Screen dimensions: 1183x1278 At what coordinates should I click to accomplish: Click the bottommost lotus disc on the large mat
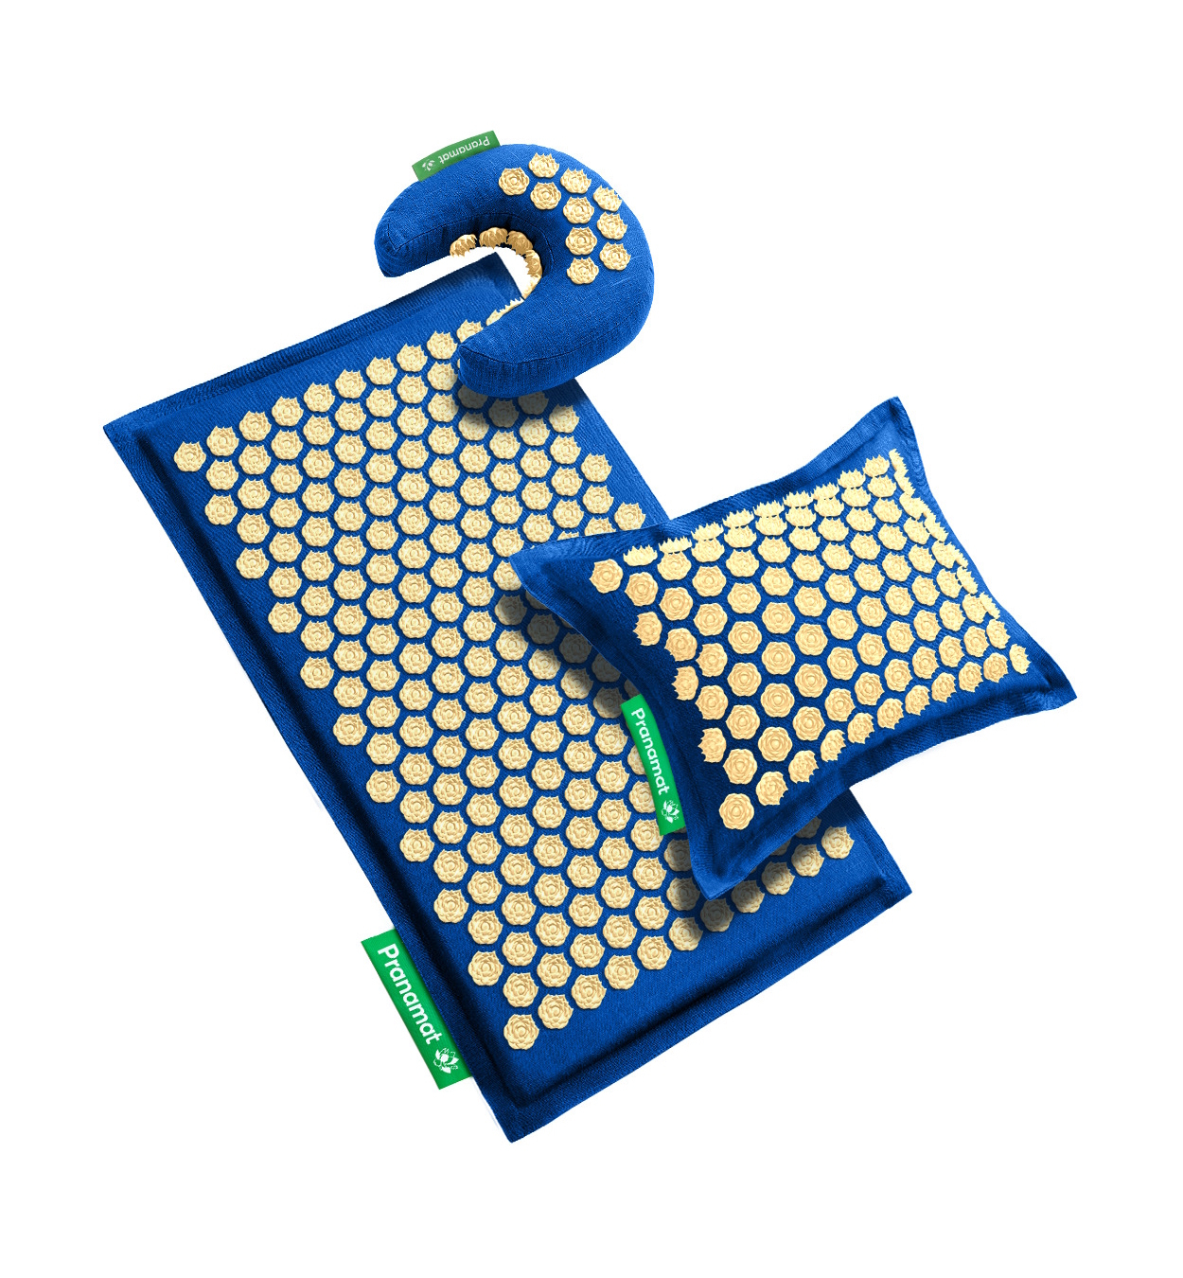click(x=521, y=1032)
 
